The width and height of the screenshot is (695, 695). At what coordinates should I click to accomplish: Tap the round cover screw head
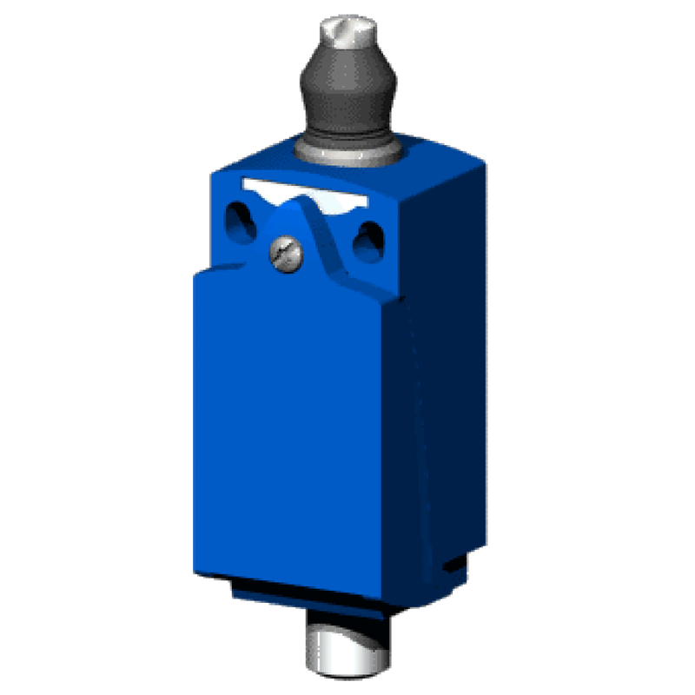[x=283, y=252]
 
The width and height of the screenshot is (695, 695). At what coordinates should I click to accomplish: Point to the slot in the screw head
[x=283, y=252]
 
